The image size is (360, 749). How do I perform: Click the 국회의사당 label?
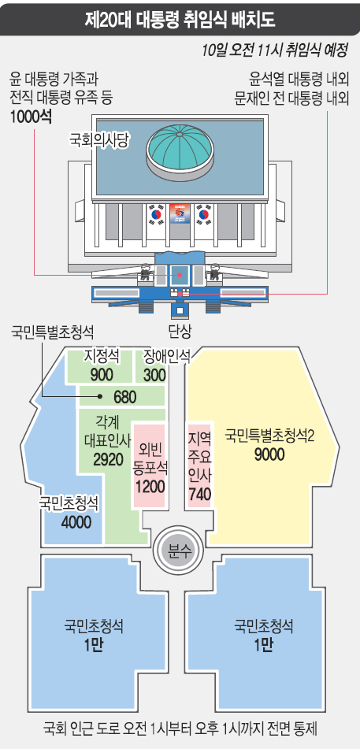tap(100, 139)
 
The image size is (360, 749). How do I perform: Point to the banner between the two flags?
tap(180, 214)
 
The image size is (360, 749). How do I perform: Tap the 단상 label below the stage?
tap(180, 329)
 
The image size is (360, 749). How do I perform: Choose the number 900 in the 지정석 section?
tap(102, 375)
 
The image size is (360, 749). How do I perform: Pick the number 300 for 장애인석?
tap(154, 375)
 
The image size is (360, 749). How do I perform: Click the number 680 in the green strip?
tap(124, 397)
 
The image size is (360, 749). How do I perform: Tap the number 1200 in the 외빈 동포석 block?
tap(150, 486)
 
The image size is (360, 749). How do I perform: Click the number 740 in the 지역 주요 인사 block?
tap(200, 495)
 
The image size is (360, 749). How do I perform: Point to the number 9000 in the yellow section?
tap(269, 454)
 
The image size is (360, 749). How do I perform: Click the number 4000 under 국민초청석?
tap(76, 522)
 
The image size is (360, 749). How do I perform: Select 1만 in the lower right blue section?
tap(264, 645)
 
